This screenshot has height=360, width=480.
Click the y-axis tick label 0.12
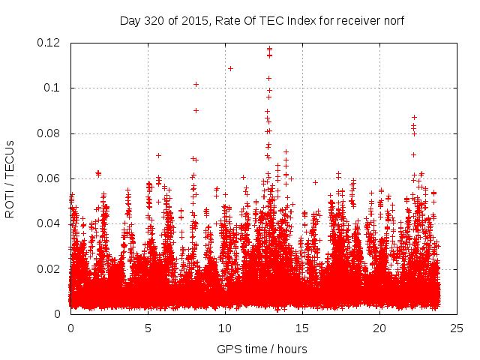click(50, 43)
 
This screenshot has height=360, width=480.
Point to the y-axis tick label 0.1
click(55, 88)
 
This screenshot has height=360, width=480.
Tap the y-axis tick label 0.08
click(50, 133)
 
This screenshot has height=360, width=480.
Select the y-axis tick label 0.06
click(50, 178)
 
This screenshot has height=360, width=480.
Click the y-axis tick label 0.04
click(50, 223)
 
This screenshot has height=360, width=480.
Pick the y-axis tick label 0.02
click(50, 269)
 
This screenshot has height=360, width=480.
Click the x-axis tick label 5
click(148, 328)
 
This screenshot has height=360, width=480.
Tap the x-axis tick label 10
click(225, 328)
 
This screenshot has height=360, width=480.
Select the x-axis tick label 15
click(302, 328)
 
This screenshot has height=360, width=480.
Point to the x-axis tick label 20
click(379, 328)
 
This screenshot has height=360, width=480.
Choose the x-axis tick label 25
click(457, 328)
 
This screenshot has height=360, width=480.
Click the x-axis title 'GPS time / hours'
click(262, 349)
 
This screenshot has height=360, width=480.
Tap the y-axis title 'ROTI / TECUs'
click(10, 178)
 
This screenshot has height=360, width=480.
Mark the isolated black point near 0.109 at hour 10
click(230, 68)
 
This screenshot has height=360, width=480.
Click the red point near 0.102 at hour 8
click(196, 84)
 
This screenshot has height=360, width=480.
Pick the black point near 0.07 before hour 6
click(158, 155)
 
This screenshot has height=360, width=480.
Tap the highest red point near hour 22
click(414, 117)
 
